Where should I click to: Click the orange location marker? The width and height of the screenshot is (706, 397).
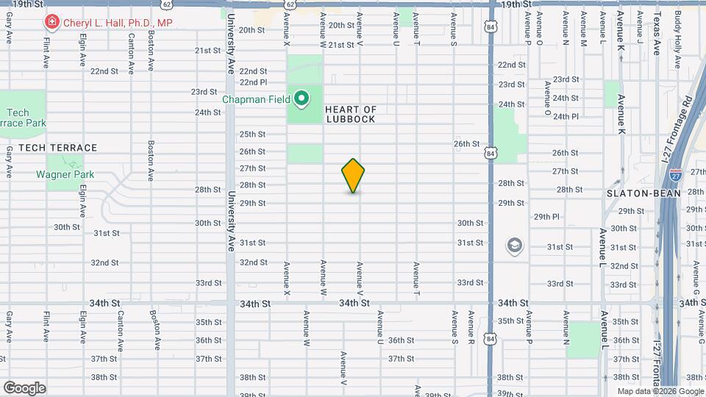[353, 176]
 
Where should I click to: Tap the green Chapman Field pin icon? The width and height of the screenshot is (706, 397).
[302, 98]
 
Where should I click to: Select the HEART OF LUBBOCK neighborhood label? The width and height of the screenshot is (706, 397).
[351, 114]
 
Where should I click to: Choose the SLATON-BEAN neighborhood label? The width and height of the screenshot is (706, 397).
[637, 193]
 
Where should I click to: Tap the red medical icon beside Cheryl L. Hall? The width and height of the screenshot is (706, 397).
[51, 23]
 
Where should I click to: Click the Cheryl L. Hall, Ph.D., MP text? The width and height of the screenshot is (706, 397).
[118, 23]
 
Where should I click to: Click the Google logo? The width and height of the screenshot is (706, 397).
[24, 388]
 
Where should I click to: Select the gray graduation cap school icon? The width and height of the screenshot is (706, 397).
[515, 246]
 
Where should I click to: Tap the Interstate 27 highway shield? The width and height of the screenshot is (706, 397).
[676, 175]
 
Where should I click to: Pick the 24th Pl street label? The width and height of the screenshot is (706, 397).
[566, 116]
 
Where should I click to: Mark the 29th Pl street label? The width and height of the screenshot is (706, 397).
[547, 217]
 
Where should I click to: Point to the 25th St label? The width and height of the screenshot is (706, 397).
[252, 134]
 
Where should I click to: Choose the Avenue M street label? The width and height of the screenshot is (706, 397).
[583, 29]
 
